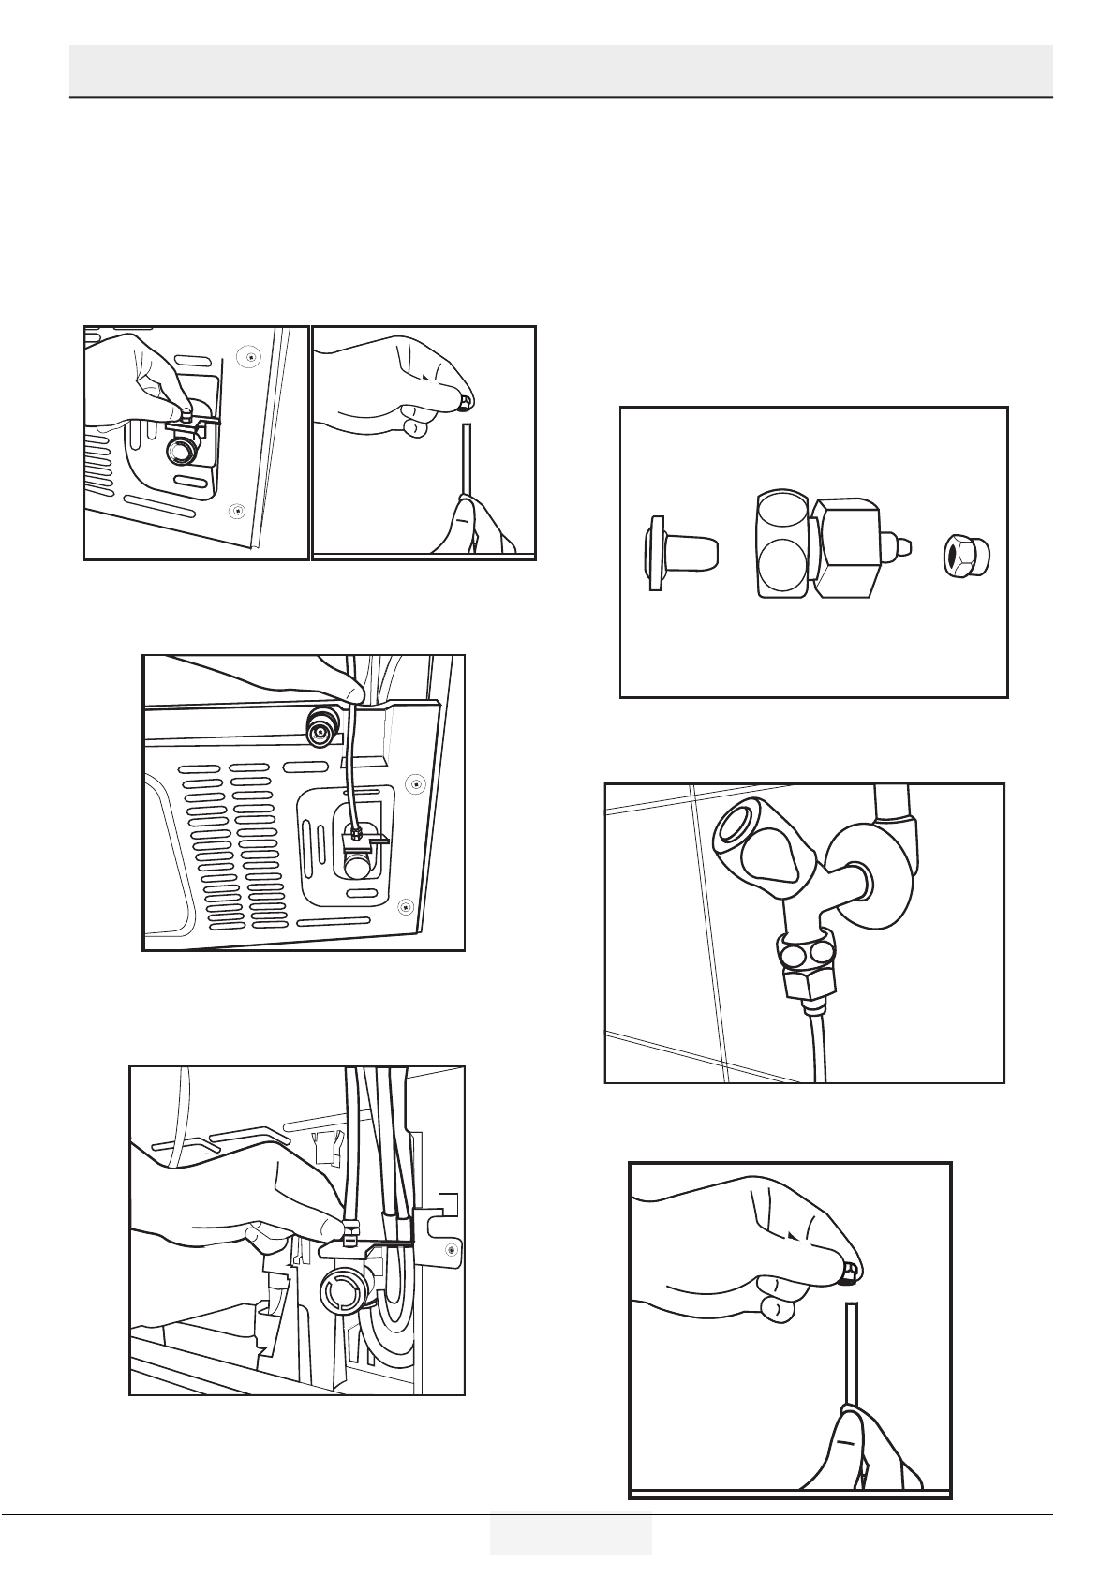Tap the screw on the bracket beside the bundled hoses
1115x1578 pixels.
click(x=452, y=1249)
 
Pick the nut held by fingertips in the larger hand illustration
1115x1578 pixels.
click(x=849, y=1272)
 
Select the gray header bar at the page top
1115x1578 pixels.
click(x=561, y=68)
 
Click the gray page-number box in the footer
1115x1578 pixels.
click(x=570, y=1531)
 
